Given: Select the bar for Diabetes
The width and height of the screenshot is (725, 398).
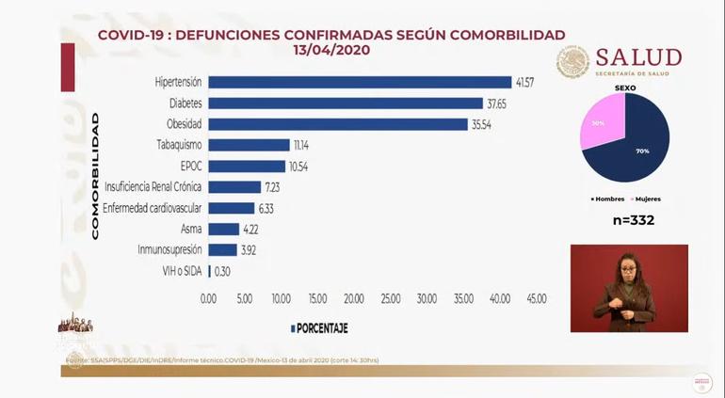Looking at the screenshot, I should click(x=346, y=103).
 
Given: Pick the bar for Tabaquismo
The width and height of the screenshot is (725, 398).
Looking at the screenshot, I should click(x=249, y=145).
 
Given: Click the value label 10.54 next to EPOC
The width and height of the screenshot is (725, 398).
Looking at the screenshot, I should click(x=298, y=167).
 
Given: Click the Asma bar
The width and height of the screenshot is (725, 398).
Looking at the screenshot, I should click(x=224, y=229).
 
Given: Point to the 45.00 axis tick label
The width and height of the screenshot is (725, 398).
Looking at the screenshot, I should click(x=535, y=298).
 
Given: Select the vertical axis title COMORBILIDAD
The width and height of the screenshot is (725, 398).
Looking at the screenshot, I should click(x=95, y=176).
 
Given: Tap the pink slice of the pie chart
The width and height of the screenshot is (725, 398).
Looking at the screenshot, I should click(x=595, y=123).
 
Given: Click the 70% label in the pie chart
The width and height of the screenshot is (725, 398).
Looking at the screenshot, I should click(x=642, y=150).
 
